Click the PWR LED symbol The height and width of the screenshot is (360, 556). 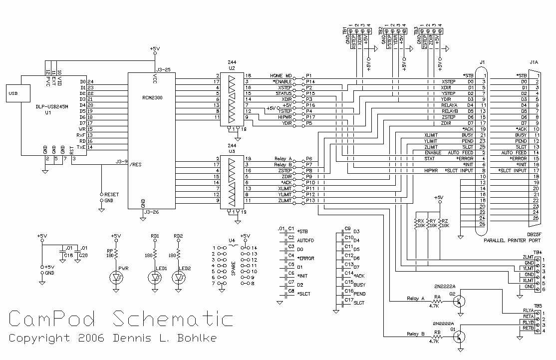(116, 276)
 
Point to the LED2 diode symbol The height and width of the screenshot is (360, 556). (177, 276)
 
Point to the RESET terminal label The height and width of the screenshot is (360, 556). (112, 193)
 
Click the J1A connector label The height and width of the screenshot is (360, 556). (534, 63)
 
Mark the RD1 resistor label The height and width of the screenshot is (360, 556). (155, 236)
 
